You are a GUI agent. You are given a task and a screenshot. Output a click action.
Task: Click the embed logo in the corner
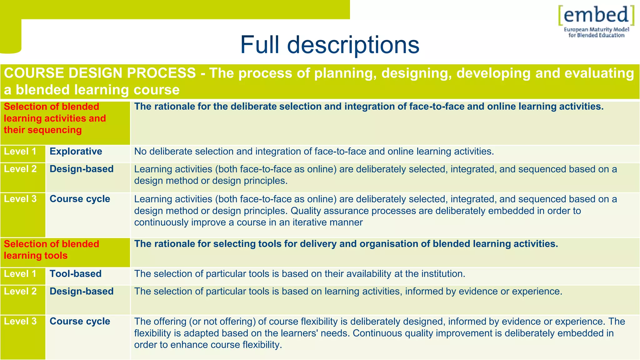pyautogui.click(x=596, y=16)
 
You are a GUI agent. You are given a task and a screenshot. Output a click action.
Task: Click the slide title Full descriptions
pyautogui.click(x=329, y=45)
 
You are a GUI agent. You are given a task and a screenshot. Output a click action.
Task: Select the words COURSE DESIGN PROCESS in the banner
pyautogui.click(x=100, y=73)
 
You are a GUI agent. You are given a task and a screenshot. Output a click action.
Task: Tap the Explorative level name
pyautogui.click(x=76, y=152)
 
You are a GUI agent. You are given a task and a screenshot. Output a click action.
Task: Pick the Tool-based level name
pyautogui.click(x=76, y=274)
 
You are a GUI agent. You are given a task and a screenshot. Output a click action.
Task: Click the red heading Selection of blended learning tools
pyautogui.click(x=51, y=250)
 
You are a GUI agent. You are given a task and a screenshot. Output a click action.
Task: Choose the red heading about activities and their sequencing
pyautogui.click(x=55, y=118)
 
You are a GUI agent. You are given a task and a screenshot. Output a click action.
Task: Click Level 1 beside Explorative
pyautogui.click(x=20, y=152)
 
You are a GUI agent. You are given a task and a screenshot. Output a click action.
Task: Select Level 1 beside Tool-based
pyautogui.click(x=20, y=274)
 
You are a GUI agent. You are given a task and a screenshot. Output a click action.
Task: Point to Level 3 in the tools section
pyautogui.click(x=20, y=321)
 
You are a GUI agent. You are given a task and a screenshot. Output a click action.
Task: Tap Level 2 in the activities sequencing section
pyautogui.click(x=20, y=169)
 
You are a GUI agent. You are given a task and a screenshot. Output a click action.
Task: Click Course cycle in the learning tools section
pyautogui.click(x=80, y=321)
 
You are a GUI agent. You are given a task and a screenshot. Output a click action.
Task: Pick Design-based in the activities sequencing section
pyautogui.click(x=82, y=169)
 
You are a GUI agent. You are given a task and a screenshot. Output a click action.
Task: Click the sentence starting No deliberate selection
pyautogui.click(x=314, y=152)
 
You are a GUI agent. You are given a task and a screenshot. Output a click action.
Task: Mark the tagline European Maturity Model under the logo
pyautogui.click(x=596, y=30)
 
